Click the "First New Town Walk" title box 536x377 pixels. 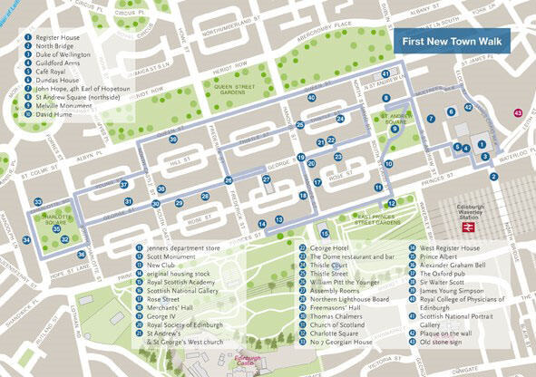pyautogui.click(x=452, y=41)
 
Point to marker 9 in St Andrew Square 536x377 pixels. pyautogui.click(x=394, y=130)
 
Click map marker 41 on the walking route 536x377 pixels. pyautogui.click(x=385, y=74)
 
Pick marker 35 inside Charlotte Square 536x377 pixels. pyautogui.click(x=54, y=228)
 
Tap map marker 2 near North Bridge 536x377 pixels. pyautogui.click(x=494, y=177)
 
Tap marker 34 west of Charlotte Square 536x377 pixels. pyautogui.click(x=27, y=240)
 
